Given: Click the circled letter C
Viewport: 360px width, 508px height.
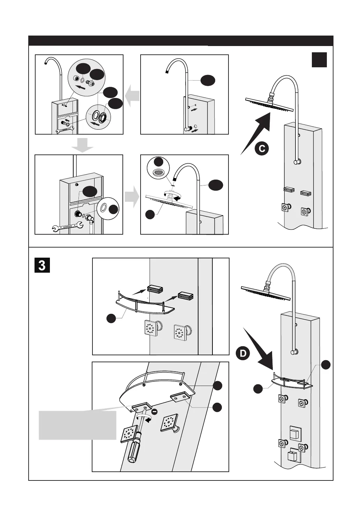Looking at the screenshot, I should (x=261, y=149).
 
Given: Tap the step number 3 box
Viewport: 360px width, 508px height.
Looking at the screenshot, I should (x=42, y=265).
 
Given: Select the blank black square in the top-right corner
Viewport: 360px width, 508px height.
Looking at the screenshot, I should (x=319, y=60).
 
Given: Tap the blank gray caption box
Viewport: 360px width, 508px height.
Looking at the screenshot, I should (x=77, y=425).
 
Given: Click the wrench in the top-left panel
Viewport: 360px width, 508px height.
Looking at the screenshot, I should (x=65, y=130).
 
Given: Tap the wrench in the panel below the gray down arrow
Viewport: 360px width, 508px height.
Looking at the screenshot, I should (x=67, y=228).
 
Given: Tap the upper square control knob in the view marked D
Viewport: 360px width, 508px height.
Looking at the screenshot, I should (x=295, y=434).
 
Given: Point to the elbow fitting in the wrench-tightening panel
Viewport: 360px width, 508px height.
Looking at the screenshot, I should (x=91, y=219).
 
